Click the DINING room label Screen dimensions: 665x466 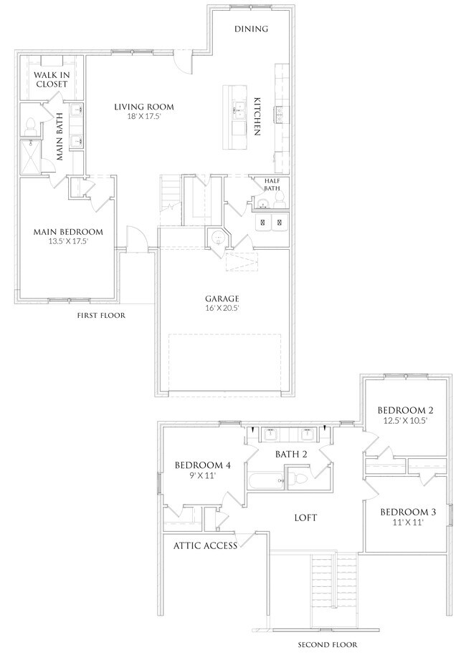251,29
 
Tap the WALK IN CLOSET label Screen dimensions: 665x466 50,79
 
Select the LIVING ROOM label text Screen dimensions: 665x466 144,107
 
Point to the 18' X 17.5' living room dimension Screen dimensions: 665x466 144,117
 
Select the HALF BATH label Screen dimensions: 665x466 272,185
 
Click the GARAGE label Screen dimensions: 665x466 221,298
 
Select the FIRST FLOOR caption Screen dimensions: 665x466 101,315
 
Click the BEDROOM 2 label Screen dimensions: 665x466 406,410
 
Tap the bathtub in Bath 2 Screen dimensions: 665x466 264,480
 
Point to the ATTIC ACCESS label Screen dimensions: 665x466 204,545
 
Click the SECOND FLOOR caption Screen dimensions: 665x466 327,645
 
